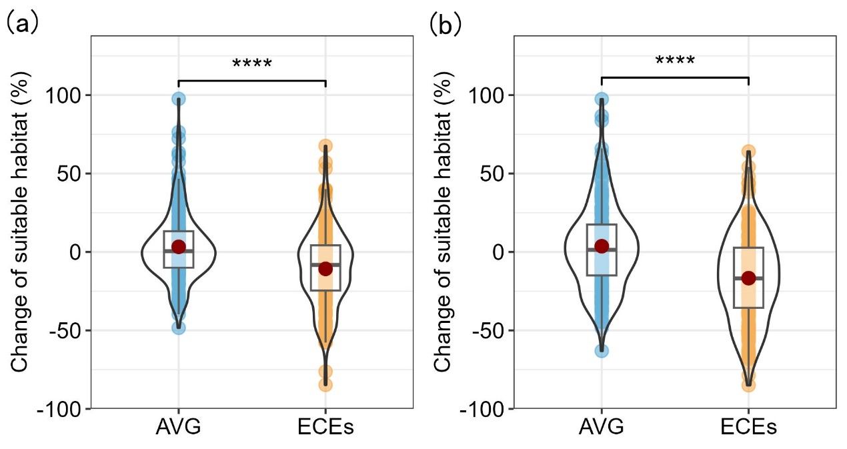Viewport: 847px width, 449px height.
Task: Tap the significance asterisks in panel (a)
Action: (252, 65)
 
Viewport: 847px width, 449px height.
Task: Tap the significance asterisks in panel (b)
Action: (675, 62)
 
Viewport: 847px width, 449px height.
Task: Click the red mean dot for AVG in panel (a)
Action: (178, 247)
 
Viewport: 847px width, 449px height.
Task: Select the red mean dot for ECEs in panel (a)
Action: (325, 269)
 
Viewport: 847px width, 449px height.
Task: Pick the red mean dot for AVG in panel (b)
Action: (602, 246)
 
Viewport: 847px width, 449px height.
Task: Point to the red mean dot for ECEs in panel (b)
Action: (749, 278)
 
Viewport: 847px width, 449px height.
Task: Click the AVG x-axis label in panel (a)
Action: (178, 427)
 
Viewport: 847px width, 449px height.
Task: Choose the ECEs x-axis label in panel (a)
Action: (325, 427)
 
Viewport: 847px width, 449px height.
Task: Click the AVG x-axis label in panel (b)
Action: (602, 427)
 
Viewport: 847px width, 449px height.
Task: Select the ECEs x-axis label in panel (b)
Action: (749, 427)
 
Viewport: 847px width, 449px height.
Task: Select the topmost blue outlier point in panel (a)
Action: (178, 99)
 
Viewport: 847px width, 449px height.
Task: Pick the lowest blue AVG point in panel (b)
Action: (602, 350)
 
